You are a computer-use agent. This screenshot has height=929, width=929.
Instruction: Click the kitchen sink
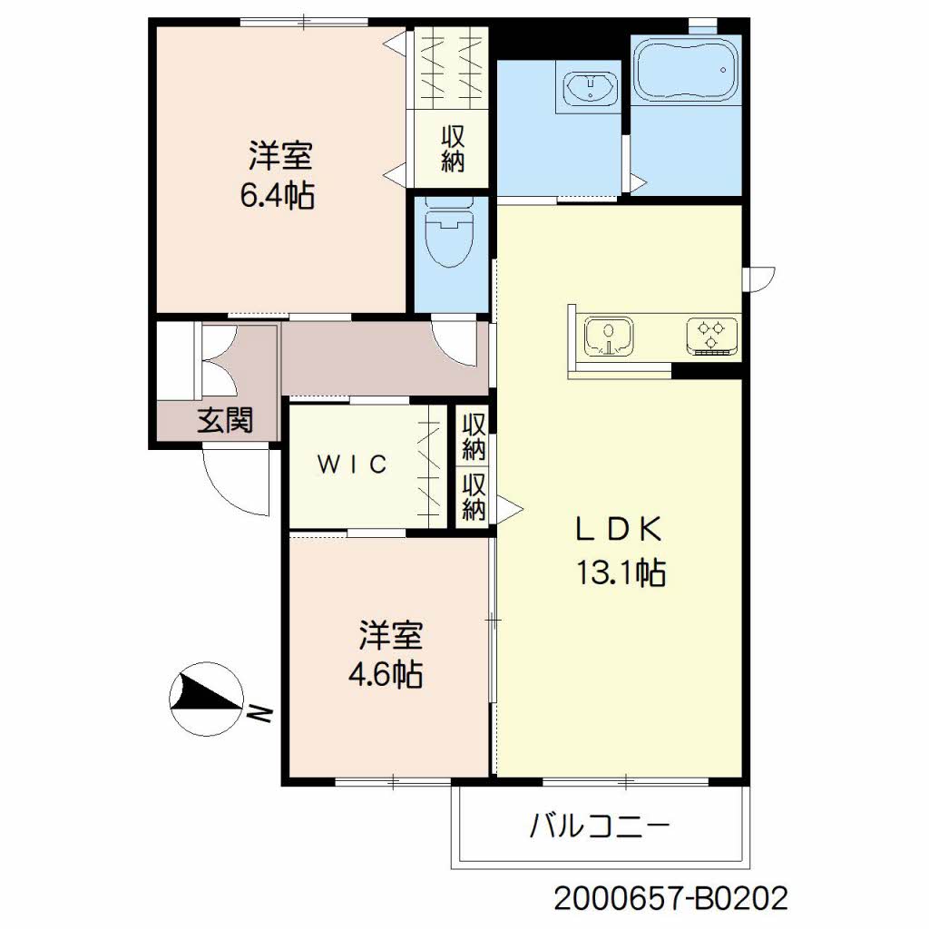609,337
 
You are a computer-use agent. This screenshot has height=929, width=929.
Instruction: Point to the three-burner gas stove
712,336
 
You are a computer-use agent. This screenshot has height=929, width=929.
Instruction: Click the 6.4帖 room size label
278,195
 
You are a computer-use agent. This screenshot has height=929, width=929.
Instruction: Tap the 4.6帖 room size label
385,674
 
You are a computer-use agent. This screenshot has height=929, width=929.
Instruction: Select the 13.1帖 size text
621,572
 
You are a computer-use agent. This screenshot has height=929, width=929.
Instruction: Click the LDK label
620,529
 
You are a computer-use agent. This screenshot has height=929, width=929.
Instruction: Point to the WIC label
353,464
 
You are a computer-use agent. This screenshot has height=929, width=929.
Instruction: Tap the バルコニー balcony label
600,826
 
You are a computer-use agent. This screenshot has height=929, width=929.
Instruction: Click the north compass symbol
206,699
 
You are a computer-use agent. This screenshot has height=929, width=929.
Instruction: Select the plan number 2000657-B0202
670,898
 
